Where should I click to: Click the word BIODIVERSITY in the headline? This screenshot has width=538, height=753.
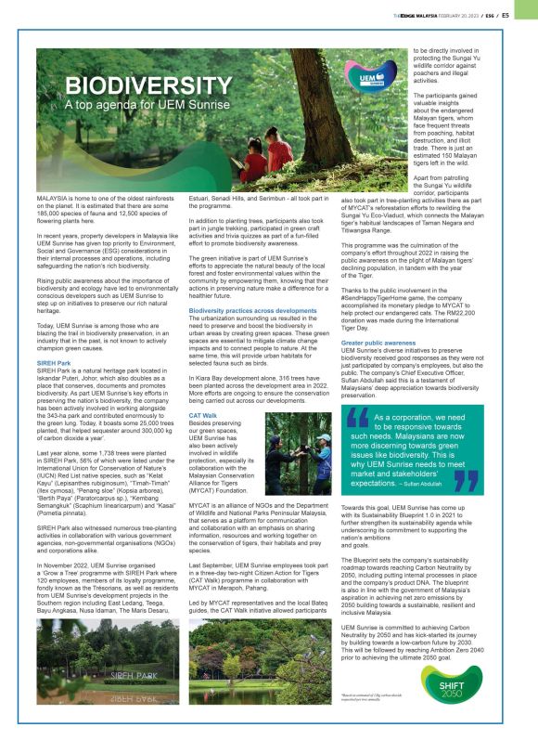(x=134, y=87)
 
